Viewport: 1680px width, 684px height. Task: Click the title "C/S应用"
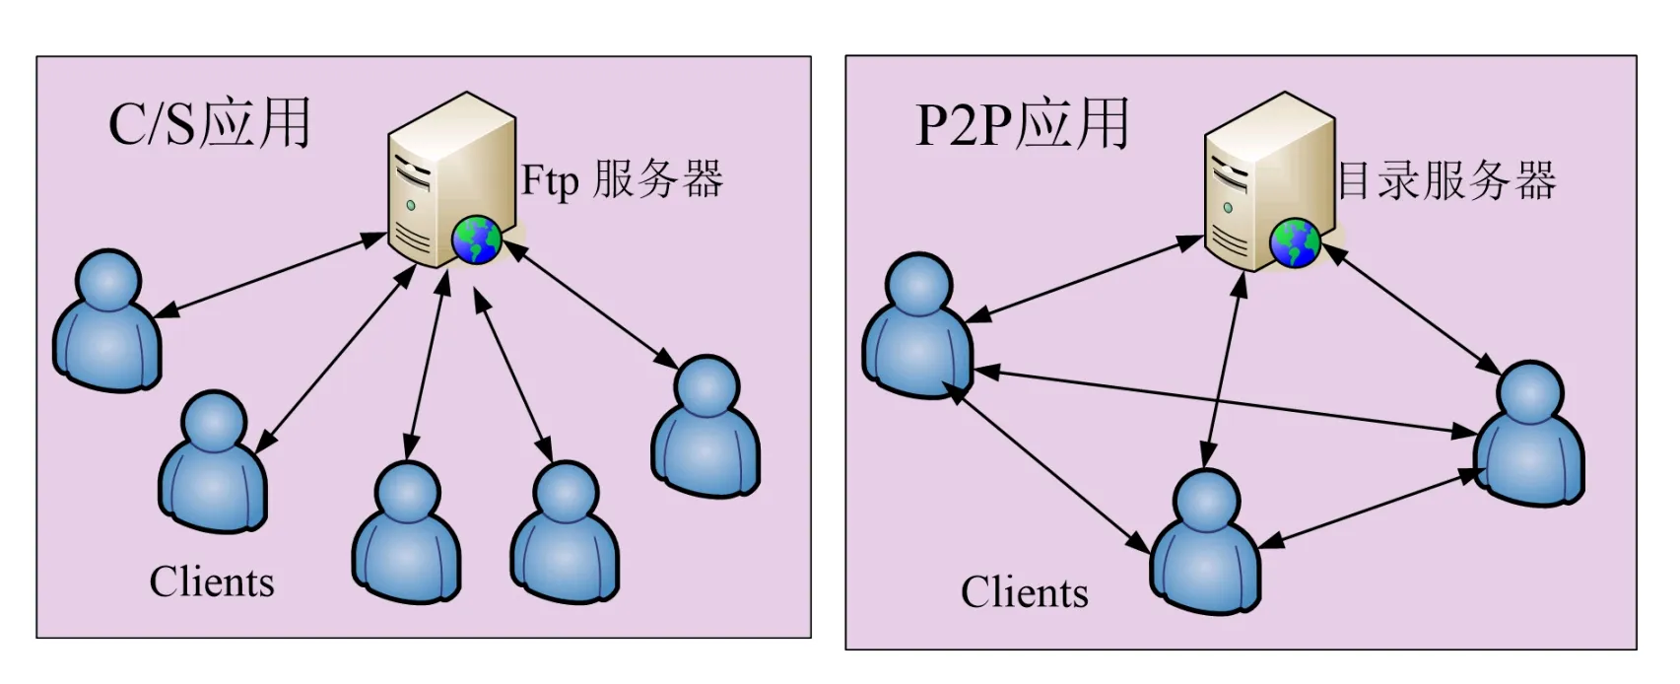(x=209, y=124)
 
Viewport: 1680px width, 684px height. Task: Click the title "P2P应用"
(x=1022, y=124)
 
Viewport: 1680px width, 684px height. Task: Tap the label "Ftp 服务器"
(x=622, y=180)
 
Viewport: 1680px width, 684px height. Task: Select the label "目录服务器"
(x=1446, y=181)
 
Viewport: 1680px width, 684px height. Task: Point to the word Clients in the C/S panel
(x=212, y=582)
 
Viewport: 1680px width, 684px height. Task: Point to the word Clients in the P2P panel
(x=1025, y=593)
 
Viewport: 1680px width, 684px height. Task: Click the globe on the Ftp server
(x=477, y=240)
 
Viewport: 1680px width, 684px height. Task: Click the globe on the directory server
(x=1295, y=243)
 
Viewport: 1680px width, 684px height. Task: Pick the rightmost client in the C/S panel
(x=706, y=429)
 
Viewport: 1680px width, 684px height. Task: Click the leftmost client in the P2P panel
(x=917, y=327)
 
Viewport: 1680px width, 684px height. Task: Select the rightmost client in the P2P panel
(x=1529, y=436)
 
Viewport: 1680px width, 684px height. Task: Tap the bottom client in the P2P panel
(x=1206, y=544)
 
